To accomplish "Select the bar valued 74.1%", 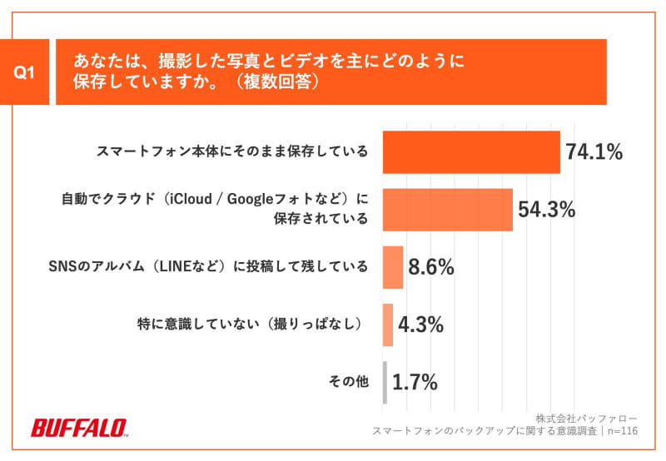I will click(x=471, y=151).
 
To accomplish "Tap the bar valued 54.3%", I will click(x=447, y=209).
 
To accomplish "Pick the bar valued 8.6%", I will click(x=393, y=266).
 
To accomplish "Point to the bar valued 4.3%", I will click(x=388, y=324).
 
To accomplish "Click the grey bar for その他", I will click(x=385, y=382).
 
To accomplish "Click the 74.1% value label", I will click(x=594, y=151).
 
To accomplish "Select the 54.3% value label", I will click(x=547, y=210).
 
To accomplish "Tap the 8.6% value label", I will click(x=430, y=267).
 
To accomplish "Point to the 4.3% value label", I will click(x=420, y=325).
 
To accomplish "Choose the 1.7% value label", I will click(x=415, y=383).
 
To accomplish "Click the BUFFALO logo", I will click(x=79, y=428).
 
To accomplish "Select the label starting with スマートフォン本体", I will click(x=232, y=151).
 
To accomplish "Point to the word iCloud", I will click(x=188, y=200).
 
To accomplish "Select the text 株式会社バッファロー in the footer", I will click(x=586, y=417).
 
